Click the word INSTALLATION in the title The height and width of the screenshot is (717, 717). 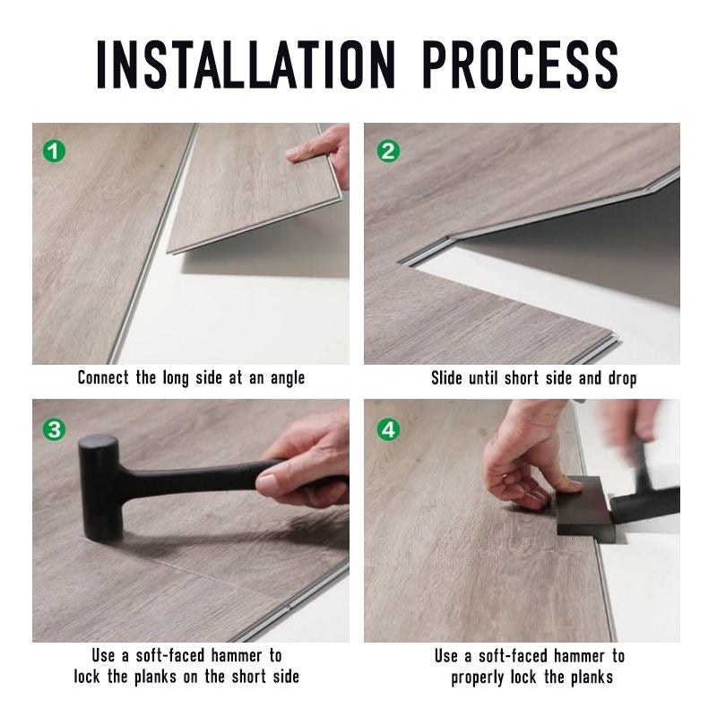[x=246, y=65]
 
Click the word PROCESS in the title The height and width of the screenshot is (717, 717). [x=520, y=65]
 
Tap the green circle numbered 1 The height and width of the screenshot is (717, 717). [x=54, y=151]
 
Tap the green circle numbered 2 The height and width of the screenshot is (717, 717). [x=388, y=151]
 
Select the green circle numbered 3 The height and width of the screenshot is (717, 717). [x=54, y=429]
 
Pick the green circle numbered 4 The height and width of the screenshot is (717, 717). [x=388, y=429]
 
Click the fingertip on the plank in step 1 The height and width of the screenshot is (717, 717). [x=295, y=155]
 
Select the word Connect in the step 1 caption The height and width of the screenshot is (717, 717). [x=103, y=377]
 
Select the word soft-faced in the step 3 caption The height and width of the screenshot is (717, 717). [x=170, y=655]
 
